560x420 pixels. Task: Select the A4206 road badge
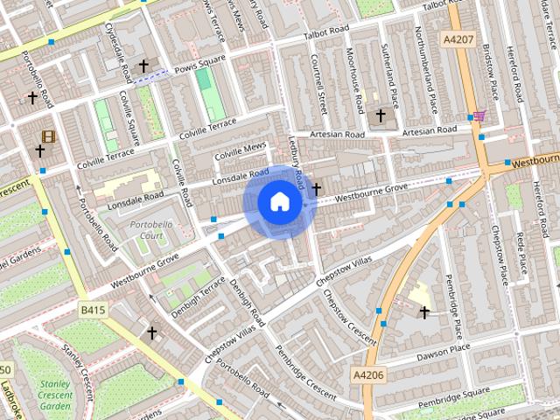(x=367, y=374)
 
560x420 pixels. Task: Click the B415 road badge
(x=91, y=310)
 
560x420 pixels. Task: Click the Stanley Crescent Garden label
(x=55, y=395)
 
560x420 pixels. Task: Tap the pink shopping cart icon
(x=479, y=115)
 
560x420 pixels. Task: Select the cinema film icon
(x=47, y=136)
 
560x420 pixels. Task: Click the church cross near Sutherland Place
(x=381, y=115)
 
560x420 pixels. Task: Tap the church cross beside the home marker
(x=316, y=188)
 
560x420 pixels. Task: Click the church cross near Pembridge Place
(x=424, y=311)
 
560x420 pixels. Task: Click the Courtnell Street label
(x=320, y=84)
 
